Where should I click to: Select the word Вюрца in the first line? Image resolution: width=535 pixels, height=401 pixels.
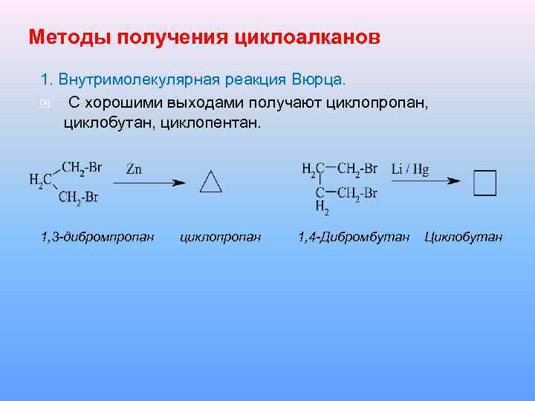pos(320,79)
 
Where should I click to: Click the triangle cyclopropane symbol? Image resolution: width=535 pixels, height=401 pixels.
pos(211,181)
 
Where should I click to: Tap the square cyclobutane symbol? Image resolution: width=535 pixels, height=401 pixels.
pos(484,181)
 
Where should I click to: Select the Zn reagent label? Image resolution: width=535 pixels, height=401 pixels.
pos(134,169)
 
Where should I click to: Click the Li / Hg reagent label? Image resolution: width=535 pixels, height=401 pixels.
pos(410,169)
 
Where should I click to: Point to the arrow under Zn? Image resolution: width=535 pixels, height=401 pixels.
pos(148,182)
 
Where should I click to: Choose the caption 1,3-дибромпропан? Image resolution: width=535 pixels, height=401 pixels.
pos(97,238)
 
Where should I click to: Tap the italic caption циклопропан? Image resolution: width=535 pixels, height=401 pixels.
pos(221,238)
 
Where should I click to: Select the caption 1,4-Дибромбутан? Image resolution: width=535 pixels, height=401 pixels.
pos(354,238)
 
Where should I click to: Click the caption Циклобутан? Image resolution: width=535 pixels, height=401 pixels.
pos(464,238)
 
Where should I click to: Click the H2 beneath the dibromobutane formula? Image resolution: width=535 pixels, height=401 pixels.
pos(322,206)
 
